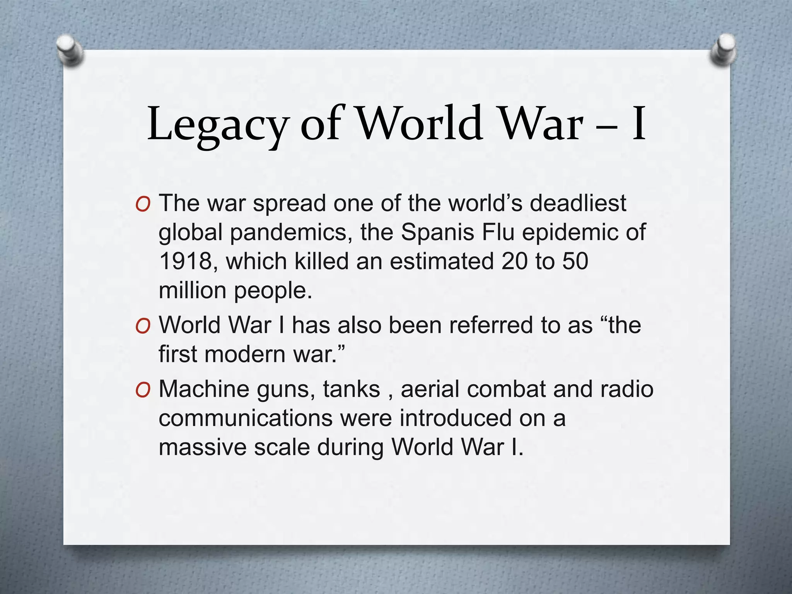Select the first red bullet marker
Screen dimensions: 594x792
point(143,204)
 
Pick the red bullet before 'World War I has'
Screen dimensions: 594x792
point(143,326)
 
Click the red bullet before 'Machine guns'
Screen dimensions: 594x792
point(143,390)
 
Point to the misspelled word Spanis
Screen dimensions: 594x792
point(437,232)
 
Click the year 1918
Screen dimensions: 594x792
point(186,261)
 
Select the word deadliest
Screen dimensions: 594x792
point(578,203)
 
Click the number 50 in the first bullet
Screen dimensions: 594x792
point(575,261)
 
